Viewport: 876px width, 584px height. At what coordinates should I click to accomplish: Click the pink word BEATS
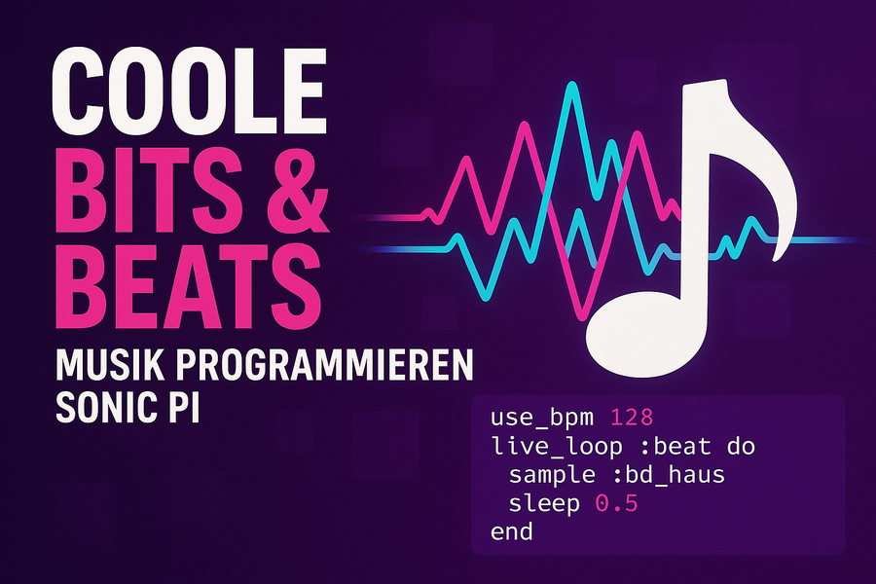point(188,287)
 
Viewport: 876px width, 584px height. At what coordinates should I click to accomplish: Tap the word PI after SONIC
point(182,408)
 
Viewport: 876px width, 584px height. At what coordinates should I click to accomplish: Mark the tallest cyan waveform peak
point(571,85)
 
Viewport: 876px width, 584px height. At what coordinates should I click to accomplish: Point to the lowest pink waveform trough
point(582,317)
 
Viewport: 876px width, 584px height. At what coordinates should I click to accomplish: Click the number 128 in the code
point(632,418)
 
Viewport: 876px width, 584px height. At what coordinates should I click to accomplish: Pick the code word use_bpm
point(542,418)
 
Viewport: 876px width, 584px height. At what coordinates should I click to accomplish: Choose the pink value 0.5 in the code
point(617,504)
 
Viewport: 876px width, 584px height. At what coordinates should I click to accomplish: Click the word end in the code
point(512,532)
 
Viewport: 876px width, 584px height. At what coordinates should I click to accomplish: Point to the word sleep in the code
point(544,504)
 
